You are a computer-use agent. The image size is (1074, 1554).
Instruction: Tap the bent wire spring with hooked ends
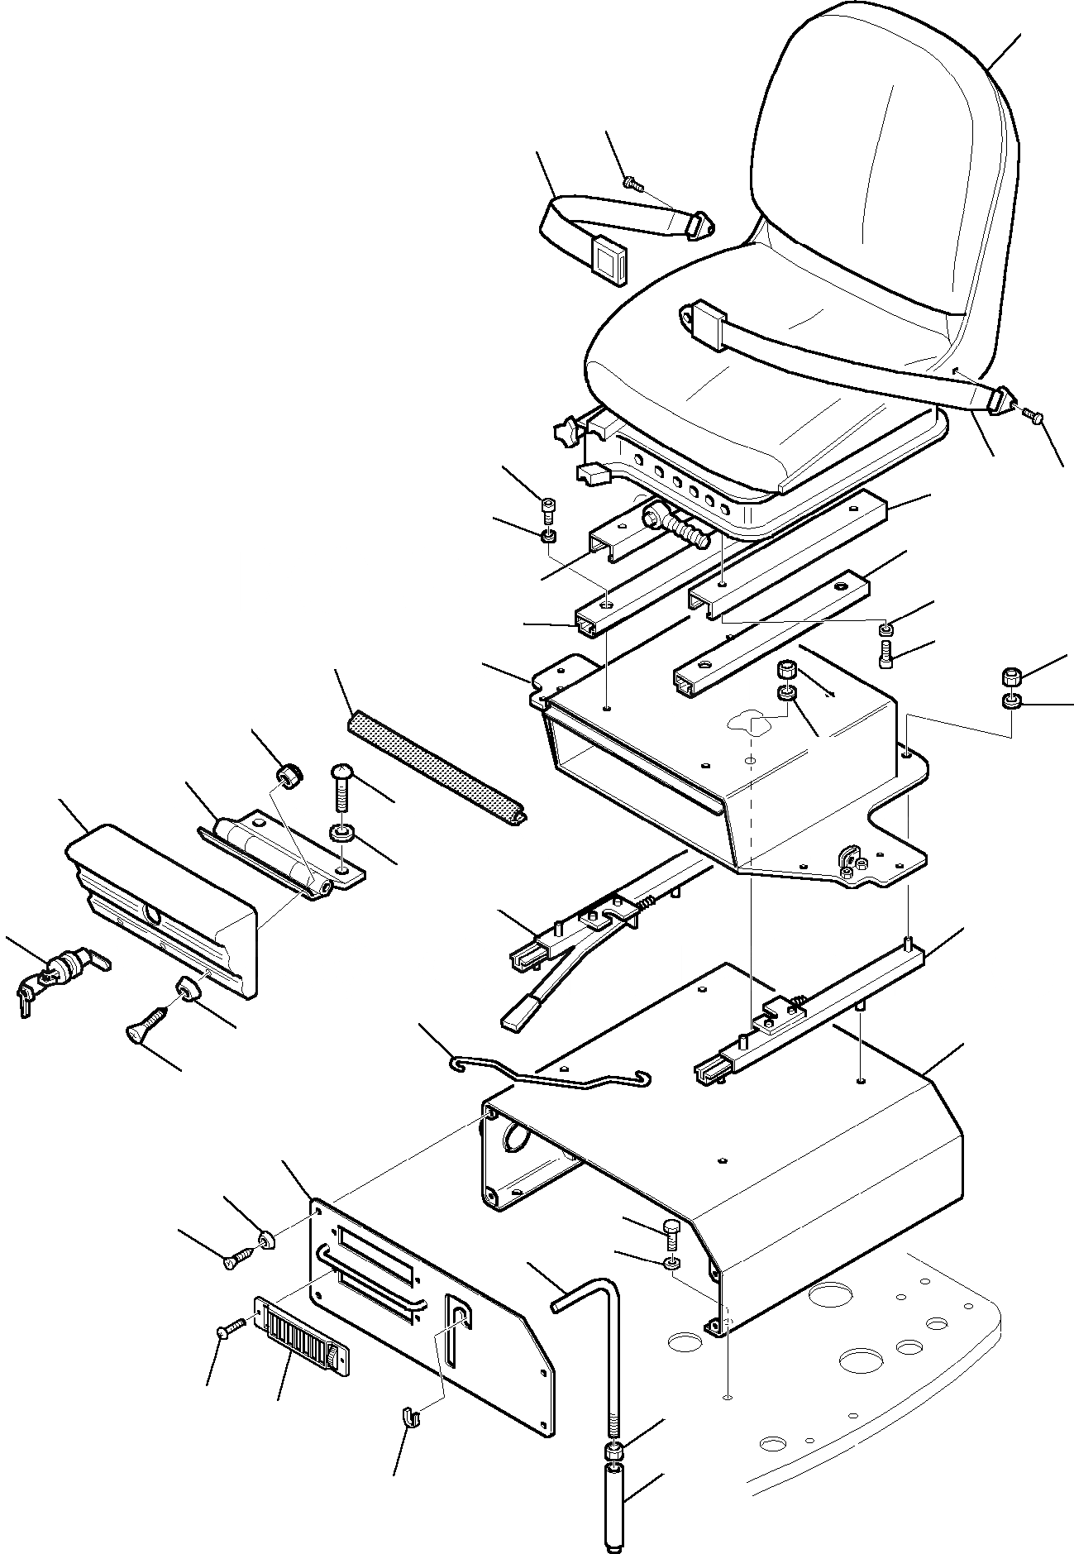click(x=546, y=1075)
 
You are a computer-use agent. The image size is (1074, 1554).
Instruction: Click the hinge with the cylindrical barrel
click(x=273, y=856)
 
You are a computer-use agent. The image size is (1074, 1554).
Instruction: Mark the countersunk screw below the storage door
click(x=150, y=1030)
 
